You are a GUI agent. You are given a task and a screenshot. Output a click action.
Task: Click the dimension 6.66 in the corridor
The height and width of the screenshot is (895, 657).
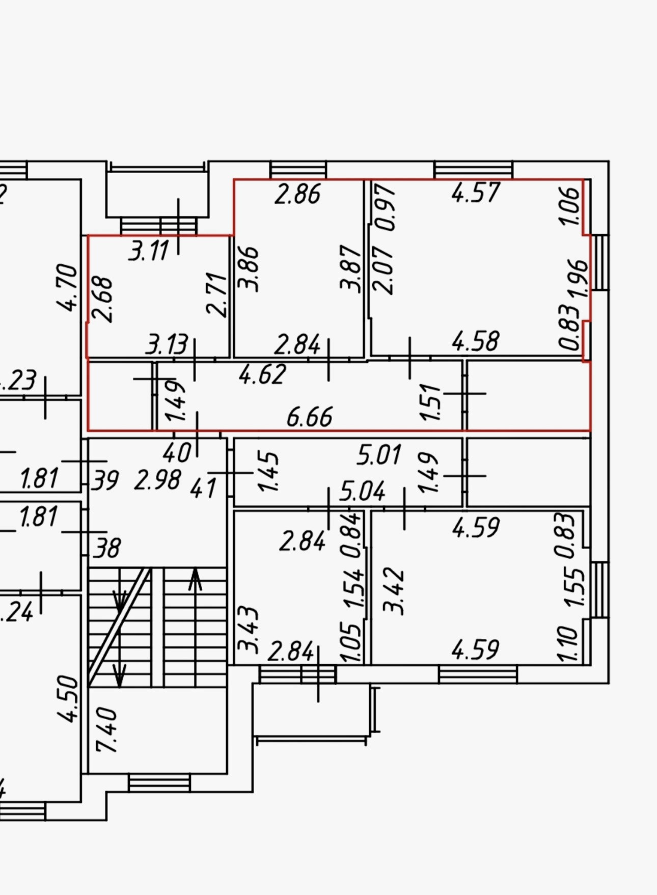coord(310,417)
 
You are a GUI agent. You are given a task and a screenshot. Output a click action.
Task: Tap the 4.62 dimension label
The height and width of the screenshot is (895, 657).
coord(262,374)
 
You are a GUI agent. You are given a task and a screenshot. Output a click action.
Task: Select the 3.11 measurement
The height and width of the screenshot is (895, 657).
coord(148,251)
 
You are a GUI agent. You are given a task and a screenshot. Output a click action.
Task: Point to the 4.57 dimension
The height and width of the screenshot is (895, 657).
coord(476,193)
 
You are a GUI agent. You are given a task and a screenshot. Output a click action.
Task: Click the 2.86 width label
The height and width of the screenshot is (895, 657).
coord(297,194)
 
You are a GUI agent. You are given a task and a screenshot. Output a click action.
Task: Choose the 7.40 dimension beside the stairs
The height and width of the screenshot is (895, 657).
coord(108,729)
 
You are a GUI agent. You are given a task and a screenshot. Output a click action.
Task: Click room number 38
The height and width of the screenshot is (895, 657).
coord(107,549)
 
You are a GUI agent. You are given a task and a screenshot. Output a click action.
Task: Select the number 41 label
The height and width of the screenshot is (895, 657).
coord(203,488)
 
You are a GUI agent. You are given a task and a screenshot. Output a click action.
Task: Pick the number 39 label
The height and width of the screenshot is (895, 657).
coord(105,480)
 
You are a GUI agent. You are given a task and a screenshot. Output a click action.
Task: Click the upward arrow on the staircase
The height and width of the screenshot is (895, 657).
coord(195,581)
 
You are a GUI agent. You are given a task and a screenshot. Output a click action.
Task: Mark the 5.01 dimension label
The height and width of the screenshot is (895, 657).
coord(379,455)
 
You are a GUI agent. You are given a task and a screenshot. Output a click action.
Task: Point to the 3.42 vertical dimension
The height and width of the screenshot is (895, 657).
coord(394,591)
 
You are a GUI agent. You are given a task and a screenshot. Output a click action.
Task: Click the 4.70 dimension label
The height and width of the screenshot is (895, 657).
coord(67,287)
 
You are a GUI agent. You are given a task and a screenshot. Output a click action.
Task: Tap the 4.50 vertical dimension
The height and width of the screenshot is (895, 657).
coord(68,698)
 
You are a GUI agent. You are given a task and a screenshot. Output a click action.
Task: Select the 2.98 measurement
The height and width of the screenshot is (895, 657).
coord(157,480)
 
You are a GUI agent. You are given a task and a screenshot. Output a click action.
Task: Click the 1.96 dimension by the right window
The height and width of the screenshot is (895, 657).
coord(579,278)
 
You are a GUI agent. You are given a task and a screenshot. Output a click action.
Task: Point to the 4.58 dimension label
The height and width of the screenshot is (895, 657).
coord(476,341)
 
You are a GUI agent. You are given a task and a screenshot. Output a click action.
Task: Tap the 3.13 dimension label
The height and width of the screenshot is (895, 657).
coord(167,345)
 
